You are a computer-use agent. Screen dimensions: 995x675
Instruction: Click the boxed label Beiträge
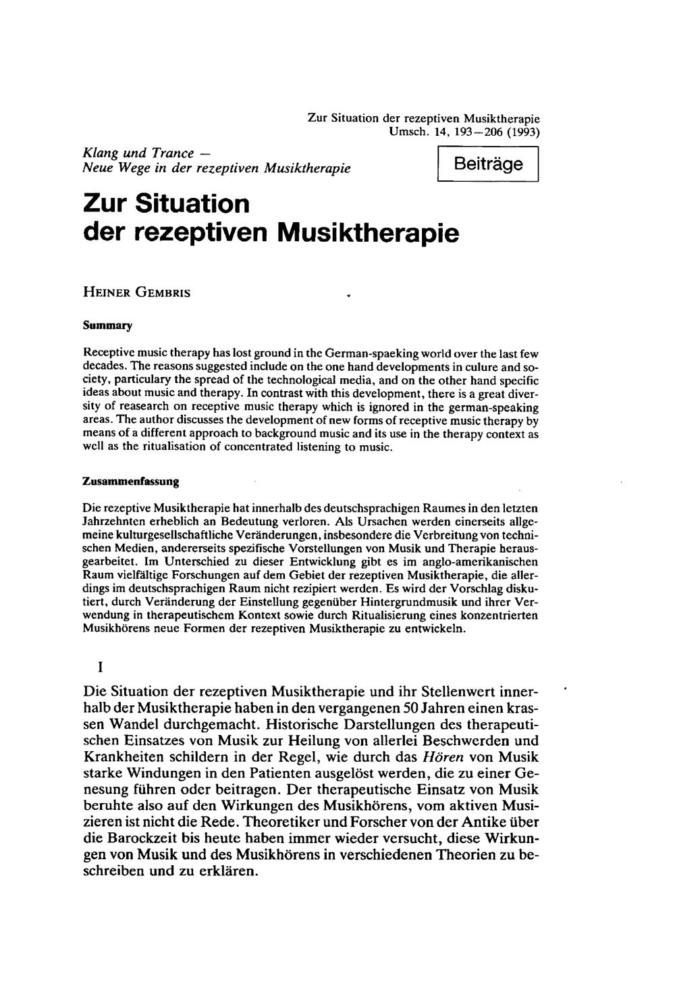[487, 163]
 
